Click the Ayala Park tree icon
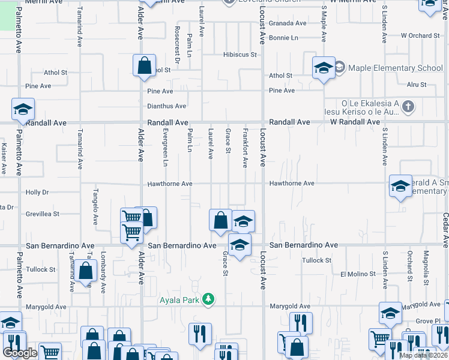click(x=208, y=299)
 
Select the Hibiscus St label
click(x=240, y=55)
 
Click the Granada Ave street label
click(x=288, y=23)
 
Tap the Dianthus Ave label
click(x=167, y=106)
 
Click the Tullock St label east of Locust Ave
click(x=316, y=260)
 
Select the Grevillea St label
click(x=42, y=214)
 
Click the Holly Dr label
click(x=37, y=193)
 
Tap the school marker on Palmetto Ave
click(x=23, y=109)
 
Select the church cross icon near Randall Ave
click(x=408, y=107)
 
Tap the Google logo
click(x=20, y=353)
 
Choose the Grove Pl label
click(x=428, y=322)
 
